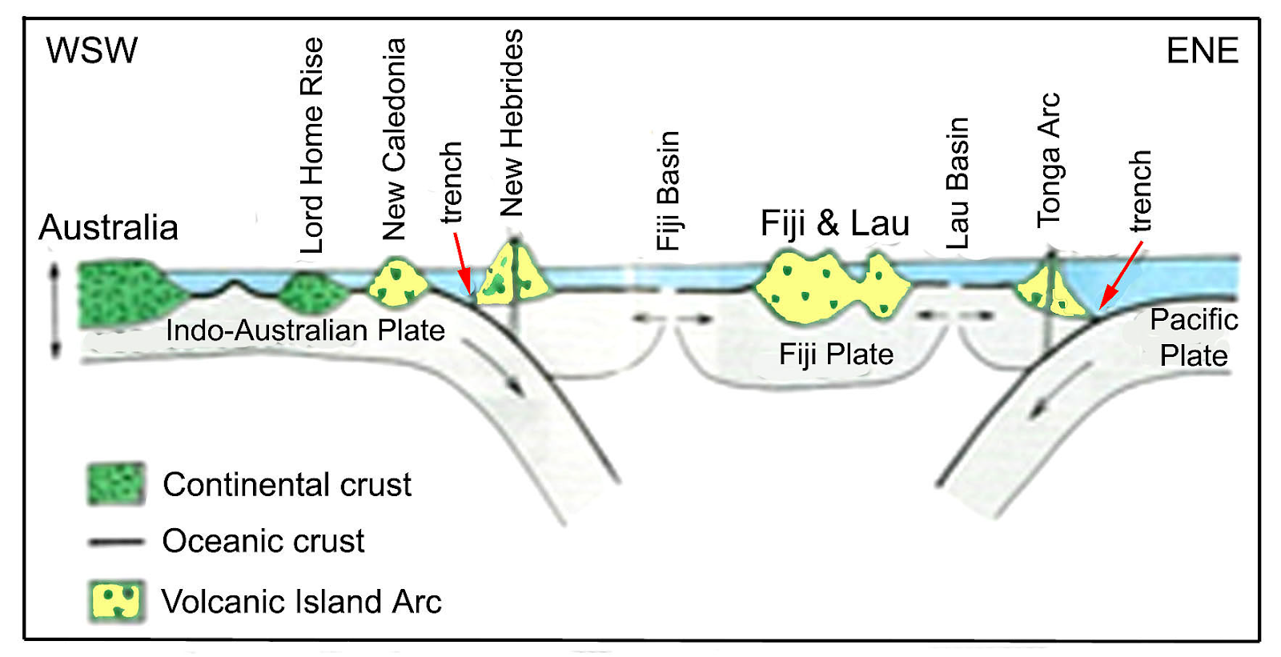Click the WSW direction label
coord(91,50)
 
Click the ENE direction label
coord(1202,51)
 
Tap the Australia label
coord(108,227)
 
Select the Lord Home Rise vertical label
coord(312,146)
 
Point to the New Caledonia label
coord(394,139)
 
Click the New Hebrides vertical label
coord(512,122)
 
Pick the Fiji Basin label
coord(668,190)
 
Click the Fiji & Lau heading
coord(834,223)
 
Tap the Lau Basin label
coord(958,183)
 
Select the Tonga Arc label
coord(1049,160)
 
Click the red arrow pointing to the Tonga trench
coord(1120,275)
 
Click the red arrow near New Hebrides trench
coord(462,263)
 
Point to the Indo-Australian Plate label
coord(305,331)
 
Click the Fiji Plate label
coord(836,354)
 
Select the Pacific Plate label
coord(1193,337)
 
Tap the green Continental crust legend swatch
coord(116,483)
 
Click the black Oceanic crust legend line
coord(116,542)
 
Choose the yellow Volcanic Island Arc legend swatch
coord(116,601)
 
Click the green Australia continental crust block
coord(124,293)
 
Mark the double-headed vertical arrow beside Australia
coord(54,311)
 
